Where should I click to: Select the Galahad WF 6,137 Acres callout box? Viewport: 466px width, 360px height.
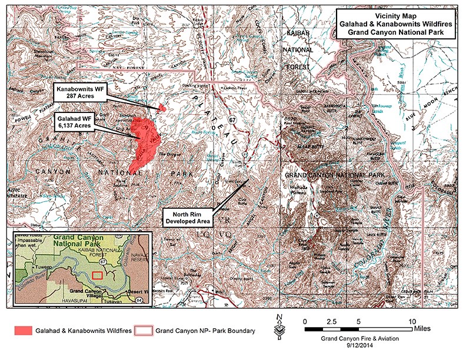pyautogui.click(x=76, y=121)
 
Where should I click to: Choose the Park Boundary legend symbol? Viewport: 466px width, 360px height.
pyautogui.click(x=144, y=331)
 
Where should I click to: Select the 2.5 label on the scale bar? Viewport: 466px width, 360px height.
pyautogui.click(x=331, y=322)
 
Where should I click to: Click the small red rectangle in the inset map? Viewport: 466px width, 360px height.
pyautogui.click(x=98, y=274)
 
